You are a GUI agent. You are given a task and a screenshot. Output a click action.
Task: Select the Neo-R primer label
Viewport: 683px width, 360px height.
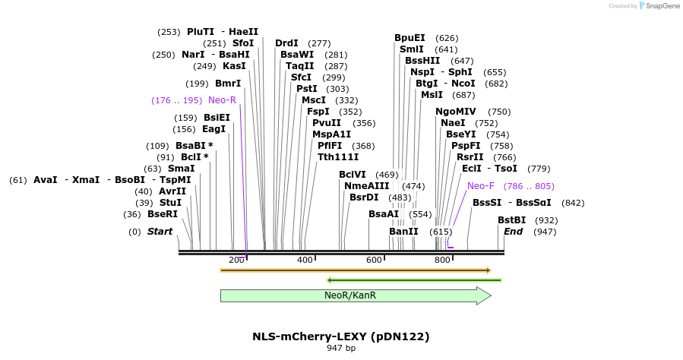[222, 100]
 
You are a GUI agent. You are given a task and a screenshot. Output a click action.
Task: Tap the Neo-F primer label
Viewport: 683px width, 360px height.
[481, 186]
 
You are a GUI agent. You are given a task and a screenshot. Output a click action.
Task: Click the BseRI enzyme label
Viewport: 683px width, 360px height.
[162, 214]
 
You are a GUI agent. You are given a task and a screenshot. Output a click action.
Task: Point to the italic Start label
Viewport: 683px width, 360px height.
[160, 232]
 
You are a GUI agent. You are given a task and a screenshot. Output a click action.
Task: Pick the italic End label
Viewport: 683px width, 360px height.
[514, 232]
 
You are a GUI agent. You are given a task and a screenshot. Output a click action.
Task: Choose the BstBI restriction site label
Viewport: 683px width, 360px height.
[511, 220]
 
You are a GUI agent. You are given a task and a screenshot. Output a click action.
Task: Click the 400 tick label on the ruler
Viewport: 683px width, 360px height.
[305, 261]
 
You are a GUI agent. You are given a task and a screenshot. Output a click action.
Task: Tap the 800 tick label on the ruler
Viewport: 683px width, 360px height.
[442, 261]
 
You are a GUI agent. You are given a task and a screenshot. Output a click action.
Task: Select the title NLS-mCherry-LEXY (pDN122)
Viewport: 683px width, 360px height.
[341, 336]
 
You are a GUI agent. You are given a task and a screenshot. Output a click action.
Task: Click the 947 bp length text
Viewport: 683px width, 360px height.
[341, 348]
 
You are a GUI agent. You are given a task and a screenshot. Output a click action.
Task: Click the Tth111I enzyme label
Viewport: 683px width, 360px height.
[338, 157]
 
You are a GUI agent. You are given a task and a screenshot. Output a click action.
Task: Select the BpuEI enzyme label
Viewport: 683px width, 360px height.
[409, 38]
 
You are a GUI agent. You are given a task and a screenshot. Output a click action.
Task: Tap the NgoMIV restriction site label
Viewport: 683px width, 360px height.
[456, 112]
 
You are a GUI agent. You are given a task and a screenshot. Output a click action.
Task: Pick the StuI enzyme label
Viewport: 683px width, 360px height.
[170, 203]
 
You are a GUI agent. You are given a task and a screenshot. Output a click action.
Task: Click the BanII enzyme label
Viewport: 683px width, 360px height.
[403, 232]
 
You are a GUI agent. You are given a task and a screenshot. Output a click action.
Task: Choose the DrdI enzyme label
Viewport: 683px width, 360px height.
[286, 43]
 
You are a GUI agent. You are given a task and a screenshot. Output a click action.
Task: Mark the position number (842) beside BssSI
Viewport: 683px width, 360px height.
[573, 203]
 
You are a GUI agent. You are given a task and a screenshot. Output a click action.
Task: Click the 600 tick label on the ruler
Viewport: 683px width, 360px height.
[374, 261]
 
